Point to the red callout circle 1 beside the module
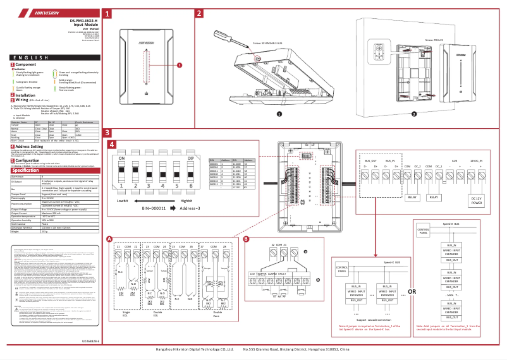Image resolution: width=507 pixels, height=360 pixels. click(x=179, y=64)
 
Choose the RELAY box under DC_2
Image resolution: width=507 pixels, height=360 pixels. click(x=434, y=198)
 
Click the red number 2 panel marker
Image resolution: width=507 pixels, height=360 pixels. click(x=199, y=13)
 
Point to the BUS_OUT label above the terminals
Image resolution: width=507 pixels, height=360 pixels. click(x=372, y=161)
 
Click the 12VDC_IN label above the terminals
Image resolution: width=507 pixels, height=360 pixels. click(x=479, y=161)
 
